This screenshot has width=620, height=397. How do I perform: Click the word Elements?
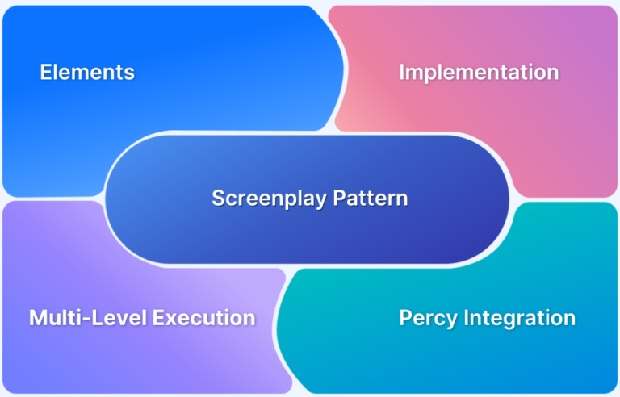87,73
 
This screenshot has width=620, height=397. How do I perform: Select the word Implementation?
479,73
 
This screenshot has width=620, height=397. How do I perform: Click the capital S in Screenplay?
218,198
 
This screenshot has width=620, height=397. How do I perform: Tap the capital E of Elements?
46,73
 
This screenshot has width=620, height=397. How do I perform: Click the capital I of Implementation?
402,73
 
